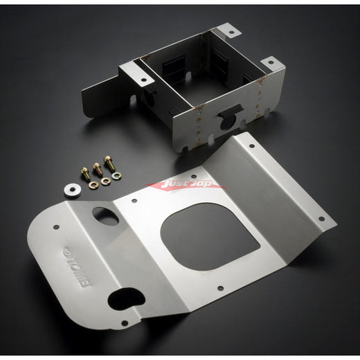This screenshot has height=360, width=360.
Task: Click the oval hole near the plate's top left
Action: pos(106,215)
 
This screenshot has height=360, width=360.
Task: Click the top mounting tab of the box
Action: pos(228,31)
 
